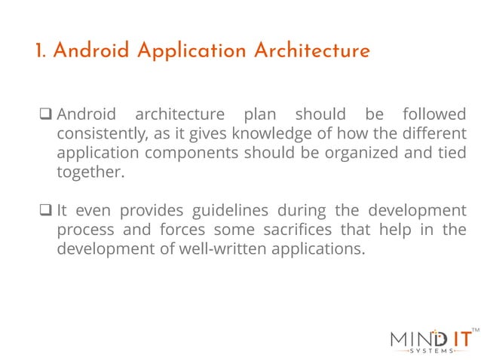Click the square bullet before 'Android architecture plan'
point(44,116)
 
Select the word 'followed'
point(434,116)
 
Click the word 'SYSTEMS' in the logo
point(432,351)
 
